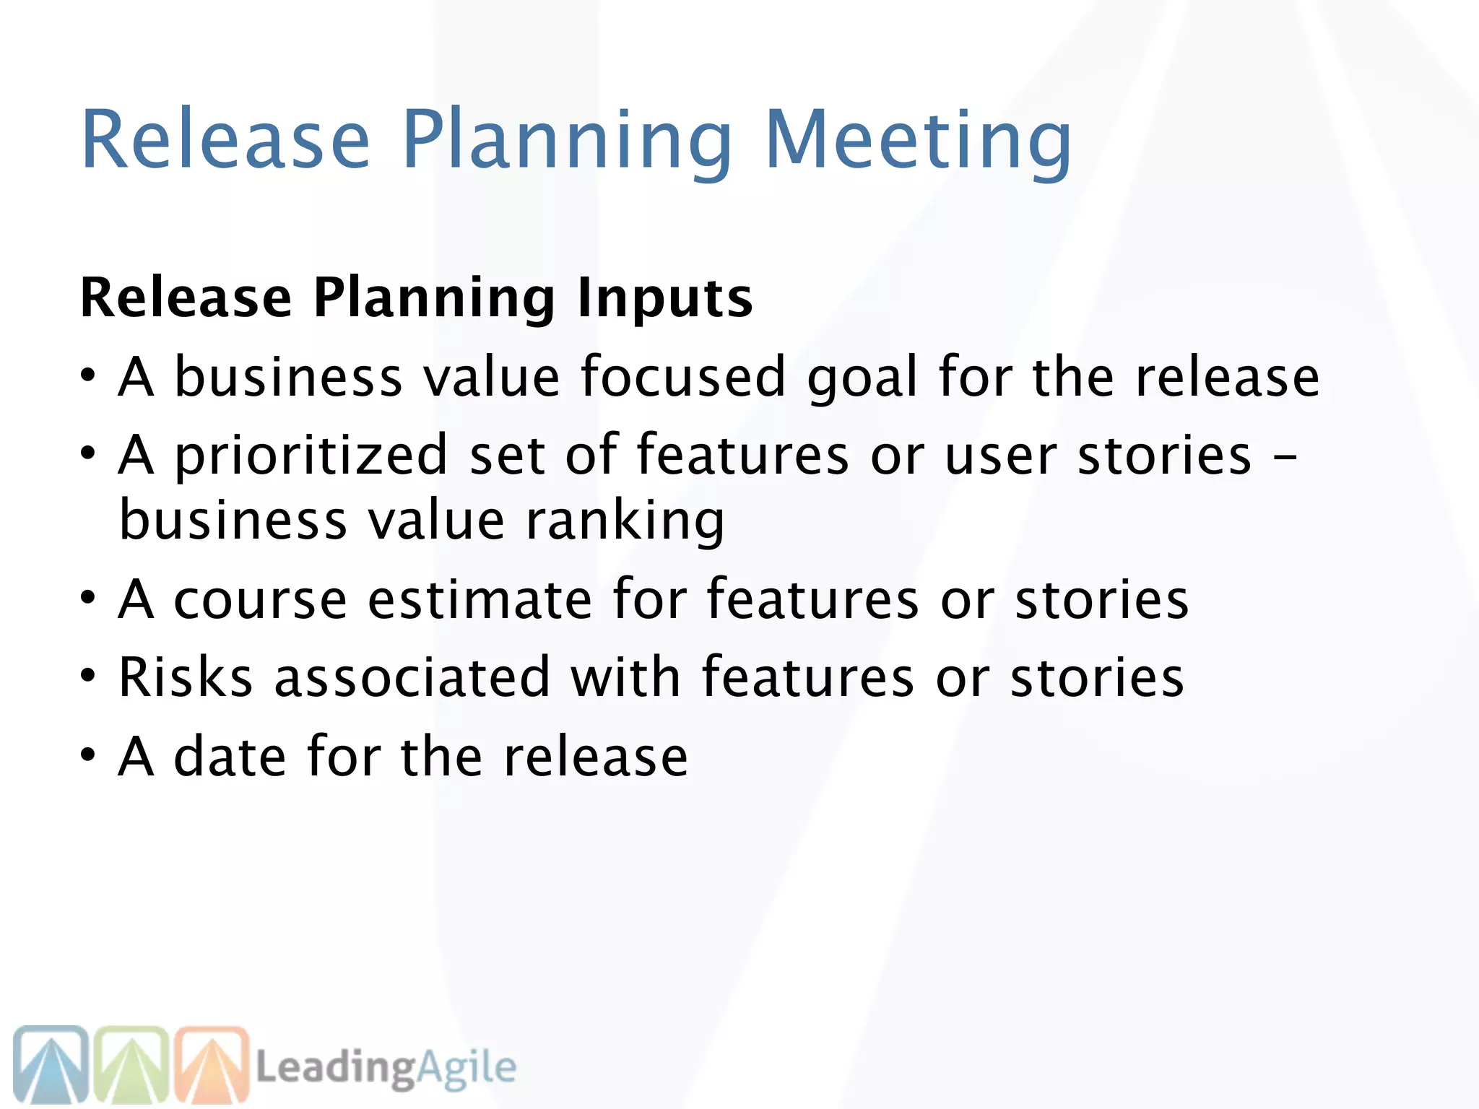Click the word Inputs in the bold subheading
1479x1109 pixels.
click(665, 298)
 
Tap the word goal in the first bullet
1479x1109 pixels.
click(862, 378)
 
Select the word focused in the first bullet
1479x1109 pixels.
click(682, 376)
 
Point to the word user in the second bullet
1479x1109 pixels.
click(1001, 456)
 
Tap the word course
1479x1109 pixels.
click(260, 600)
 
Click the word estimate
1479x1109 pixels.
click(480, 599)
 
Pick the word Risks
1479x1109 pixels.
click(186, 677)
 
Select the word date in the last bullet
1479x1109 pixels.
click(230, 756)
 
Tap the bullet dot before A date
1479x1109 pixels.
click(88, 756)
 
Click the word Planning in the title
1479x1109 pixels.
click(567, 141)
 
